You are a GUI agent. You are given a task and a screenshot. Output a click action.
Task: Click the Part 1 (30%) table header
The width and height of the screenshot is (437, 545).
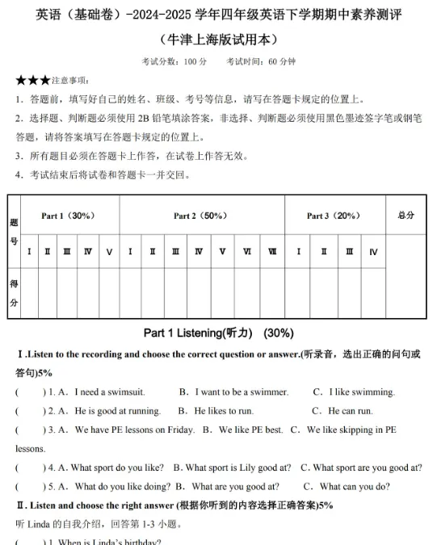coord(69,216)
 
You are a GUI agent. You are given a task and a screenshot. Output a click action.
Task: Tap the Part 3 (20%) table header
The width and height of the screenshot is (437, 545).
coord(333,216)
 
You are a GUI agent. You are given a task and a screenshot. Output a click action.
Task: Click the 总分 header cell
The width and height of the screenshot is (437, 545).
coord(406,216)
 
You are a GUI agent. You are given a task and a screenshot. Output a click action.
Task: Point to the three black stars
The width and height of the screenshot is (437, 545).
coord(32,81)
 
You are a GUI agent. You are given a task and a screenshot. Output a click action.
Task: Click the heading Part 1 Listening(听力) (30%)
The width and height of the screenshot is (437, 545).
coord(218,333)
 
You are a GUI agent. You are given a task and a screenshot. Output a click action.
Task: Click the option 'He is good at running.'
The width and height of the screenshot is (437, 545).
coord(118,411)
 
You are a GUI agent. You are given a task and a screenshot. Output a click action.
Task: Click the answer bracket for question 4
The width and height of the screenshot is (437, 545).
coord(30,467)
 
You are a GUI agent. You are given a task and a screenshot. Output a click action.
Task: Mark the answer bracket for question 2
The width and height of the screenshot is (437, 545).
coord(30,411)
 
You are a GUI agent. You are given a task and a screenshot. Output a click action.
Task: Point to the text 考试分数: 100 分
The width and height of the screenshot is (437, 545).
coord(174,61)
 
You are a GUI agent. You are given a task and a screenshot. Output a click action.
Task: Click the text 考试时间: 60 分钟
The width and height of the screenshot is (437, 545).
coord(260,61)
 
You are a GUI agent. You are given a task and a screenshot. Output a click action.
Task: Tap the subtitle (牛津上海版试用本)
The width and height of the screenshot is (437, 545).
coord(218,40)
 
